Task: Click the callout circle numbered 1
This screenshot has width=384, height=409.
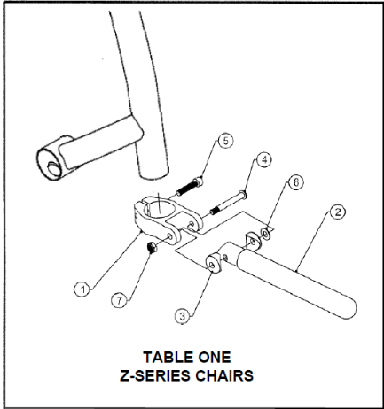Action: click(x=82, y=289)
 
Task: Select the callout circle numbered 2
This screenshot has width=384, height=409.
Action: click(x=338, y=212)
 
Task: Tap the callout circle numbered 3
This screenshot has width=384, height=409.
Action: click(x=183, y=316)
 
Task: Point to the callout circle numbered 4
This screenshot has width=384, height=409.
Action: click(x=263, y=159)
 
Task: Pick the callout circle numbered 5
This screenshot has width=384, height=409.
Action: click(x=225, y=141)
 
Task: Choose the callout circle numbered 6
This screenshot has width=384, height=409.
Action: click(x=296, y=182)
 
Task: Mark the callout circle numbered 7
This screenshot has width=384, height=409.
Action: click(x=120, y=300)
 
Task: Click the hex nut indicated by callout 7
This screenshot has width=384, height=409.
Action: click(x=153, y=247)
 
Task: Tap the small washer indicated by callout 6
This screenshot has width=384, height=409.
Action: click(x=265, y=234)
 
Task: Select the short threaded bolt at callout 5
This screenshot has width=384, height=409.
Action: click(x=190, y=187)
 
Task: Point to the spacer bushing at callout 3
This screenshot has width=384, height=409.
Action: click(x=214, y=263)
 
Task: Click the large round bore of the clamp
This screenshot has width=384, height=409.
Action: click(x=159, y=209)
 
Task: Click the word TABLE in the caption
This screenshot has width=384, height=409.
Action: click(x=167, y=357)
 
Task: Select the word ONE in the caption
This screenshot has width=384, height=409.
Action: click(x=215, y=357)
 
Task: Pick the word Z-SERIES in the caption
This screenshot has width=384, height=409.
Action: click(x=155, y=375)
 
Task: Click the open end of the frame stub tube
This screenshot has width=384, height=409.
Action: click(x=49, y=163)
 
